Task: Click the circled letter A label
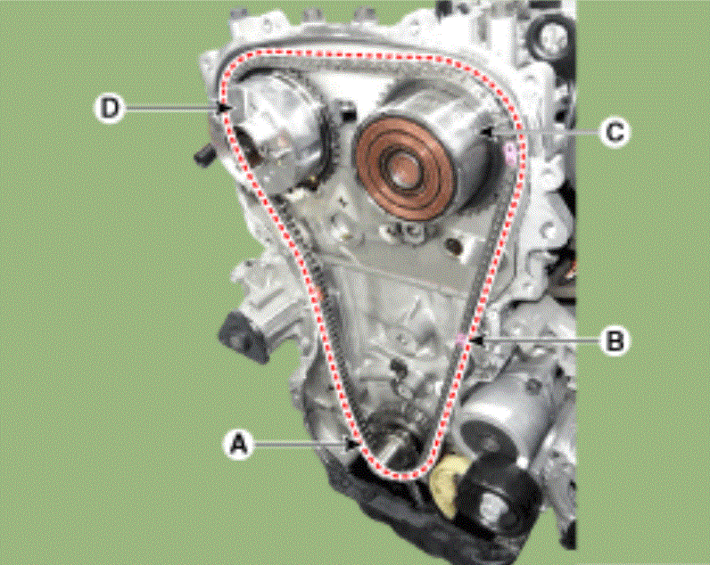coord(239,444)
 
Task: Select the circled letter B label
coord(615,340)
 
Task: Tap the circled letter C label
coord(615,133)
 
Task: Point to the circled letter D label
coord(110,108)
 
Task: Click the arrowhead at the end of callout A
coord(353,445)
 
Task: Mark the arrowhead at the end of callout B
coord(476,340)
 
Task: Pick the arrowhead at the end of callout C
coord(487,132)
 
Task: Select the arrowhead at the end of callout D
coord(225,108)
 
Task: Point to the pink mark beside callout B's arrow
coord(460,340)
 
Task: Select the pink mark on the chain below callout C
coord(511,154)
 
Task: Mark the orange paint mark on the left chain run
coord(320,295)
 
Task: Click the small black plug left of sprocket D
coord(203,155)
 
